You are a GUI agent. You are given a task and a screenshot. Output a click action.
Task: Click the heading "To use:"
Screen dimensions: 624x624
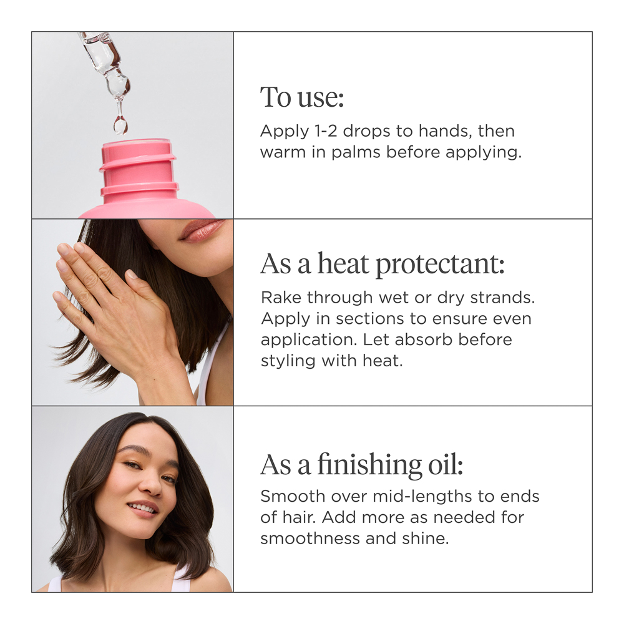(302, 97)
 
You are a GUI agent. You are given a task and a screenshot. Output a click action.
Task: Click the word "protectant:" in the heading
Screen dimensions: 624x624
(440, 264)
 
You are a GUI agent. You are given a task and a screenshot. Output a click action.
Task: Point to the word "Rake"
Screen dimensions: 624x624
(281, 297)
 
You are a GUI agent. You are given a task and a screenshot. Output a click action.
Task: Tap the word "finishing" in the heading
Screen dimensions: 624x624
(369, 465)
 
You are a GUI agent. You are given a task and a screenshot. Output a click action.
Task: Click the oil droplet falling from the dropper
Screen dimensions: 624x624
(119, 124)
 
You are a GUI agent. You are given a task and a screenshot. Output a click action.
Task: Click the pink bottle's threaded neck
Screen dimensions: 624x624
(139, 170)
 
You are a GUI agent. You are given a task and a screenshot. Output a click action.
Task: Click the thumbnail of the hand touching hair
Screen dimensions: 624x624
(132, 313)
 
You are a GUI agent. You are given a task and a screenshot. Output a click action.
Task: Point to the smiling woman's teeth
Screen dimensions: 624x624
(142, 508)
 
